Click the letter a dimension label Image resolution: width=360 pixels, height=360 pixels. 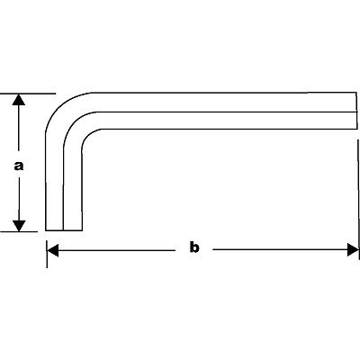pos(19,166)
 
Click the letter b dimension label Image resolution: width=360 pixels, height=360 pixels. pos(194,247)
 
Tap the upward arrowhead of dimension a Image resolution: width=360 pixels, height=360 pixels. pos(19,100)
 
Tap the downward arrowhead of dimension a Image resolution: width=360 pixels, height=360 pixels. pos(19,226)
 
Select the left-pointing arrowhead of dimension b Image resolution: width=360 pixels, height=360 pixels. pos(53,250)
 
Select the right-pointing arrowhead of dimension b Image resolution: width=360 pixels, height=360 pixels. pos(353,250)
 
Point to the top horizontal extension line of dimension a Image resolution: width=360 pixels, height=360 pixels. pos(28,94)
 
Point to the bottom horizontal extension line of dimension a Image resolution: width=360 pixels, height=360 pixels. pos(19,231)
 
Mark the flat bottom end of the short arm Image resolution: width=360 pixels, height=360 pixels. pos(64,230)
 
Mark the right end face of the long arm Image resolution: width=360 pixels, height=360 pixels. pos(357,111)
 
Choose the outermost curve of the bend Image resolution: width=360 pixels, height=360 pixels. pos(58,106)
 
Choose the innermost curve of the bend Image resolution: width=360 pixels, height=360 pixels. pos(87,135)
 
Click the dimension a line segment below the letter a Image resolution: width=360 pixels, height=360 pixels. pos(19,199)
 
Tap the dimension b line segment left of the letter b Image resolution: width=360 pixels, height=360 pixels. pos(117,250)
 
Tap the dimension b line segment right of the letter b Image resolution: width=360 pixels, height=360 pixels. pos(280,249)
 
